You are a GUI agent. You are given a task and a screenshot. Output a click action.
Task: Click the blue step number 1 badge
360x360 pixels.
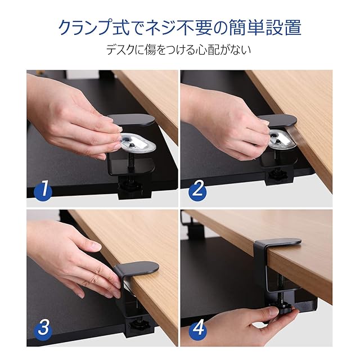point(43,190)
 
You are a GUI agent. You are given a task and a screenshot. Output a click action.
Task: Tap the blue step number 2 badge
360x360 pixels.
point(197,190)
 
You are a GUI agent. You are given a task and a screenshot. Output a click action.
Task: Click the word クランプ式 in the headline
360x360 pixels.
point(93,28)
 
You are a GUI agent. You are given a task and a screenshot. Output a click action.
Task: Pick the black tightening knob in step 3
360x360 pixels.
point(138,325)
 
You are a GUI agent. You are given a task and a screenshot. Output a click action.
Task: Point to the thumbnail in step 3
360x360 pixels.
point(96,247)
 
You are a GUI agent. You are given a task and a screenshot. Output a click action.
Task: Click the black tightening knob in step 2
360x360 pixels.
point(278,175)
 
